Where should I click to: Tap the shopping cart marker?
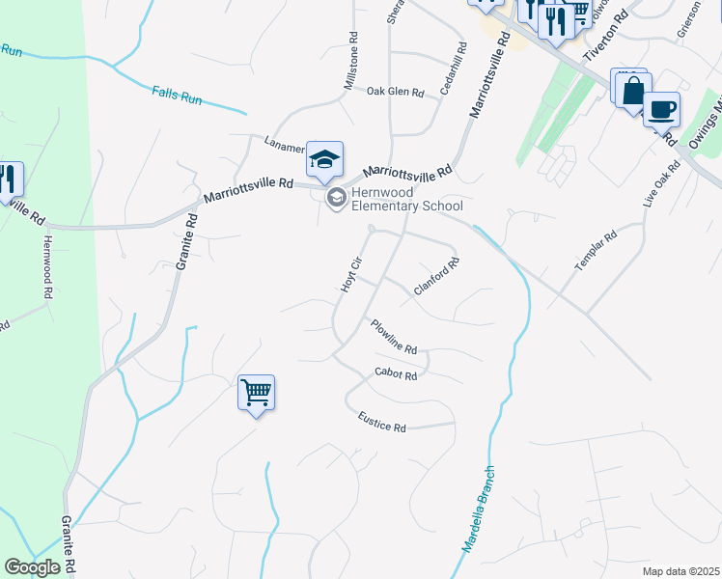257,393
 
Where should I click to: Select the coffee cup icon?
661,109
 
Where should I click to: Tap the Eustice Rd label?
381,423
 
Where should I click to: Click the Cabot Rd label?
396,374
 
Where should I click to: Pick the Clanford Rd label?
435,275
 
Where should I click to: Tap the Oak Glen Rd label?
396,92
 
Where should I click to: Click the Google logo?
32,566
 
